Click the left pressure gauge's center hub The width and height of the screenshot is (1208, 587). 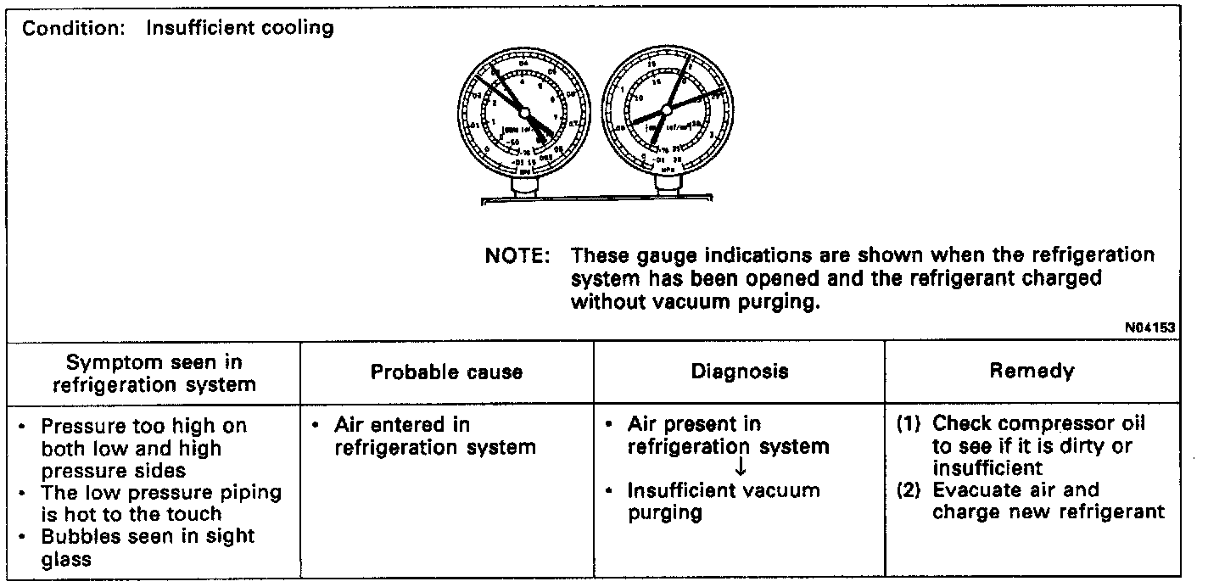[x=523, y=113]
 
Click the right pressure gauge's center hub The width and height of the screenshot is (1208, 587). [x=666, y=109]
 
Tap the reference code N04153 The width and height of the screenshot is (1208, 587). [x=1151, y=327]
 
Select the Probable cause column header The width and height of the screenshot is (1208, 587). [x=446, y=372]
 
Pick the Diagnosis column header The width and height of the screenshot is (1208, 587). [x=739, y=372]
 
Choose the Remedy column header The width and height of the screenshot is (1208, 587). [x=1032, y=371]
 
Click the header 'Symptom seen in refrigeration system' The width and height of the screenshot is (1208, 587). [x=154, y=373]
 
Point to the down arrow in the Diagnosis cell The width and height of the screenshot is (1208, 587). [x=740, y=467]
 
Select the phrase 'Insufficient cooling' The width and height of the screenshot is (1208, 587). [x=240, y=28]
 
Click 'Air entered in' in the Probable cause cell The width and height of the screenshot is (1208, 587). [x=401, y=425]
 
